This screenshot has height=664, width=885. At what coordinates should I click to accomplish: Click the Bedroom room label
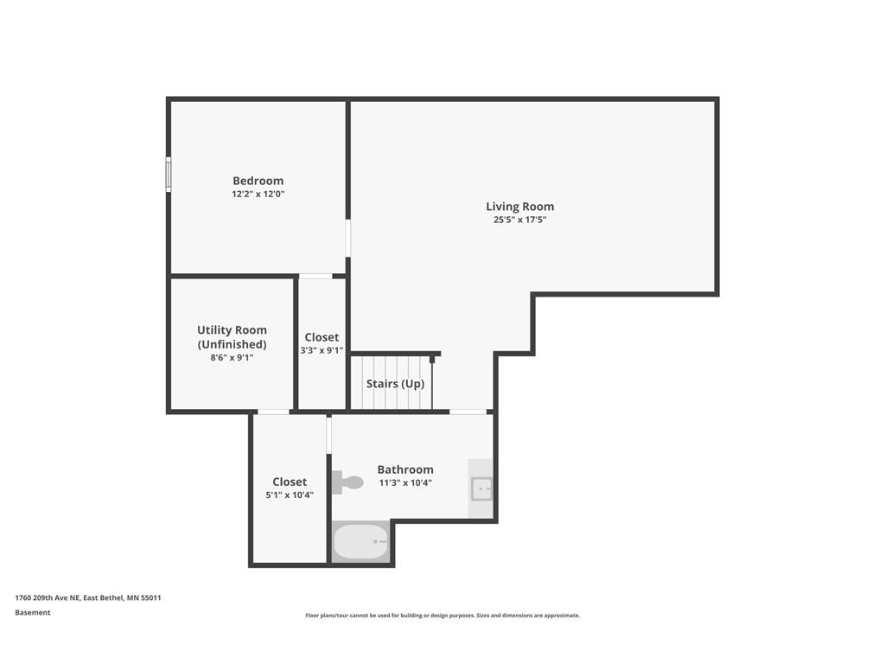(x=258, y=181)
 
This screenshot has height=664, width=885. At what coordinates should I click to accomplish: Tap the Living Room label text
(x=519, y=207)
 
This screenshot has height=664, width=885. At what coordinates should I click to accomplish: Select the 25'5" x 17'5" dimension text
(x=519, y=220)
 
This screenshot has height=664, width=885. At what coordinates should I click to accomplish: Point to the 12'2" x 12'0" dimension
(x=258, y=195)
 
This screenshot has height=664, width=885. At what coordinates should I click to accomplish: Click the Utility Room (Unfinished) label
(x=232, y=336)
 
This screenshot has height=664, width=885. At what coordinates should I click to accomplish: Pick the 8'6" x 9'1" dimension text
(x=232, y=357)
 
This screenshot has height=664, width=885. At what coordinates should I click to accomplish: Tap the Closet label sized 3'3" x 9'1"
(x=322, y=337)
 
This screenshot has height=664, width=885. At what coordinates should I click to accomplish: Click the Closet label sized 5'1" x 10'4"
(x=290, y=482)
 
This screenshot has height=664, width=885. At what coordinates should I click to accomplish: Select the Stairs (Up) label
(x=395, y=384)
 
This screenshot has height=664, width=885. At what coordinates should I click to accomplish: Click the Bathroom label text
(x=405, y=469)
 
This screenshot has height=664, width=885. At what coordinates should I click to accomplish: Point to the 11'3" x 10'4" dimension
(x=405, y=483)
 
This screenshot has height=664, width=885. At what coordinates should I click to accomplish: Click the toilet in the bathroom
(x=347, y=482)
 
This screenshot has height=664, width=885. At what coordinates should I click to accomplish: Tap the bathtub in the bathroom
(x=361, y=542)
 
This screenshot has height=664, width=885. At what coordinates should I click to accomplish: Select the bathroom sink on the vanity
(x=481, y=489)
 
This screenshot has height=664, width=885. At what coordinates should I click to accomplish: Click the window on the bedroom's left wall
(x=169, y=174)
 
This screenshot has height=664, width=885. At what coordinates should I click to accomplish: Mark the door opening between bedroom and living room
(x=348, y=238)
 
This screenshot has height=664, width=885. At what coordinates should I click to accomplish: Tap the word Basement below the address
(x=33, y=612)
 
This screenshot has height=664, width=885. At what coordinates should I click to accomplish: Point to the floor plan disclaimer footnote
(x=442, y=616)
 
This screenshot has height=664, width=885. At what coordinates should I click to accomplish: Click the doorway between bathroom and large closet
(x=329, y=436)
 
